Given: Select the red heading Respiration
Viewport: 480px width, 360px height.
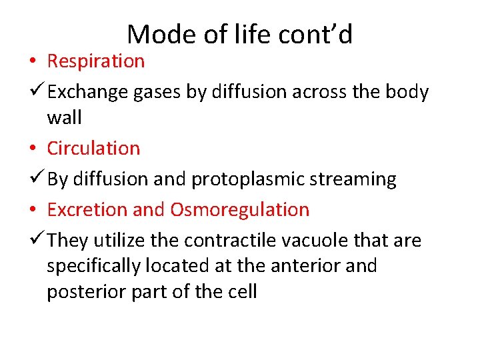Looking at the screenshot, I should (95, 61).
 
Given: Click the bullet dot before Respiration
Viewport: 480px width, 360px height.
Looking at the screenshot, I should (33, 61).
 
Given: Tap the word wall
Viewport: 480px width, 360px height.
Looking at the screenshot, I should (64, 117).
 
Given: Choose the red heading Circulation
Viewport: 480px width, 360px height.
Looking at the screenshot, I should (93, 148).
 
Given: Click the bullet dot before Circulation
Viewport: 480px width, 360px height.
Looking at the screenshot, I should (33, 149).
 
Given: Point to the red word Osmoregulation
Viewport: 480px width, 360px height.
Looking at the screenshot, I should (239, 209).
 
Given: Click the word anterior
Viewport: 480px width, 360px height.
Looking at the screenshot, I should (308, 265).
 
